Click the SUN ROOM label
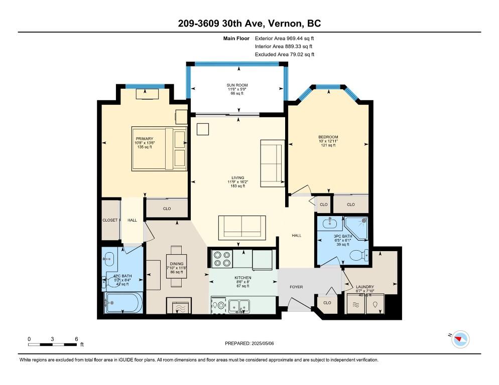[237, 85]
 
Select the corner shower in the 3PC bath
[356, 228]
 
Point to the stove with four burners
[222, 259]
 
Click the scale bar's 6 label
[76, 339]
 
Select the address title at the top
[249, 23]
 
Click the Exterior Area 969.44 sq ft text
[284, 39]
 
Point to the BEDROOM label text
[328, 137]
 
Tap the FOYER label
[296, 287]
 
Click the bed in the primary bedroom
[159, 149]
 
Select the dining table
[176, 266]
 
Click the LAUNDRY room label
[364, 287]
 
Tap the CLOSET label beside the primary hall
[110, 220]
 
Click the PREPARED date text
[249, 343]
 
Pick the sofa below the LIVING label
[242, 228]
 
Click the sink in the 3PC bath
[330, 223]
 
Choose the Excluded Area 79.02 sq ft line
[285, 54]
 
